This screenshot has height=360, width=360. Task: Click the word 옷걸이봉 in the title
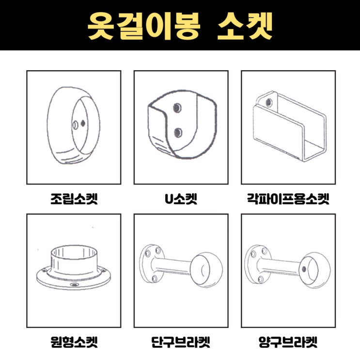[144, 25]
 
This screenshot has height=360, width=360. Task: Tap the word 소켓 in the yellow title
[245, 25]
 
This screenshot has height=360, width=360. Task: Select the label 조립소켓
[74, 199]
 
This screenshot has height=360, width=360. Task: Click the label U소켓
[181, 199]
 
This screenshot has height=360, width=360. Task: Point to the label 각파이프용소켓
[288, 199]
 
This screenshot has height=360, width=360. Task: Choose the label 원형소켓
[74, 342]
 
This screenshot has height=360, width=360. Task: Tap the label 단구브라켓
[181, 342]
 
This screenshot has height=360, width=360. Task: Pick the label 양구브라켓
[288, 342]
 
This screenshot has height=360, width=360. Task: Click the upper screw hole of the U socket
[177, 107]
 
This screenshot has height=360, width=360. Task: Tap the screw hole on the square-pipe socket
[269, 102]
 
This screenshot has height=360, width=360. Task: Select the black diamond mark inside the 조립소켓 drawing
[82, 124]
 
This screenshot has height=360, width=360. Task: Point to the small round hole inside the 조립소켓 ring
[75, 125]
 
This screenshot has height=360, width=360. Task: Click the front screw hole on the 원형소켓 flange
[74, 285]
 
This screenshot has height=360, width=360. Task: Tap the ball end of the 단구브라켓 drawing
[206, 270]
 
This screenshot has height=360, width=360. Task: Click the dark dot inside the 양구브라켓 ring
[304, 269]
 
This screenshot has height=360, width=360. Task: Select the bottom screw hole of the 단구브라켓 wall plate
[155, 279]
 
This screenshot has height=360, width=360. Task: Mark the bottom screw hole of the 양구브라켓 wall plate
[261, 280]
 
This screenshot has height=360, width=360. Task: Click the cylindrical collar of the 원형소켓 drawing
[74, 261]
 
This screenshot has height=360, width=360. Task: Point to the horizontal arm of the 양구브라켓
[279, 266]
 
